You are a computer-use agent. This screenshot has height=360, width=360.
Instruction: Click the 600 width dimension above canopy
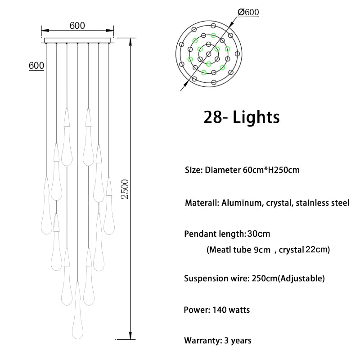77,26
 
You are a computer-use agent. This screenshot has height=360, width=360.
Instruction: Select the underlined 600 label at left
36,65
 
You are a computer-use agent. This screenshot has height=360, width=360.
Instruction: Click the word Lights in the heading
256,117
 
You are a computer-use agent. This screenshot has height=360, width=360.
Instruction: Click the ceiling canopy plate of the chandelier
77,40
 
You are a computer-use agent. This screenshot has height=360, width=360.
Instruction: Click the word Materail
202,203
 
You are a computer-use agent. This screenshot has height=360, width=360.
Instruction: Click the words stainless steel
322,203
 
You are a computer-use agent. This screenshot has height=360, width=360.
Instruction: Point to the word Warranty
202,341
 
